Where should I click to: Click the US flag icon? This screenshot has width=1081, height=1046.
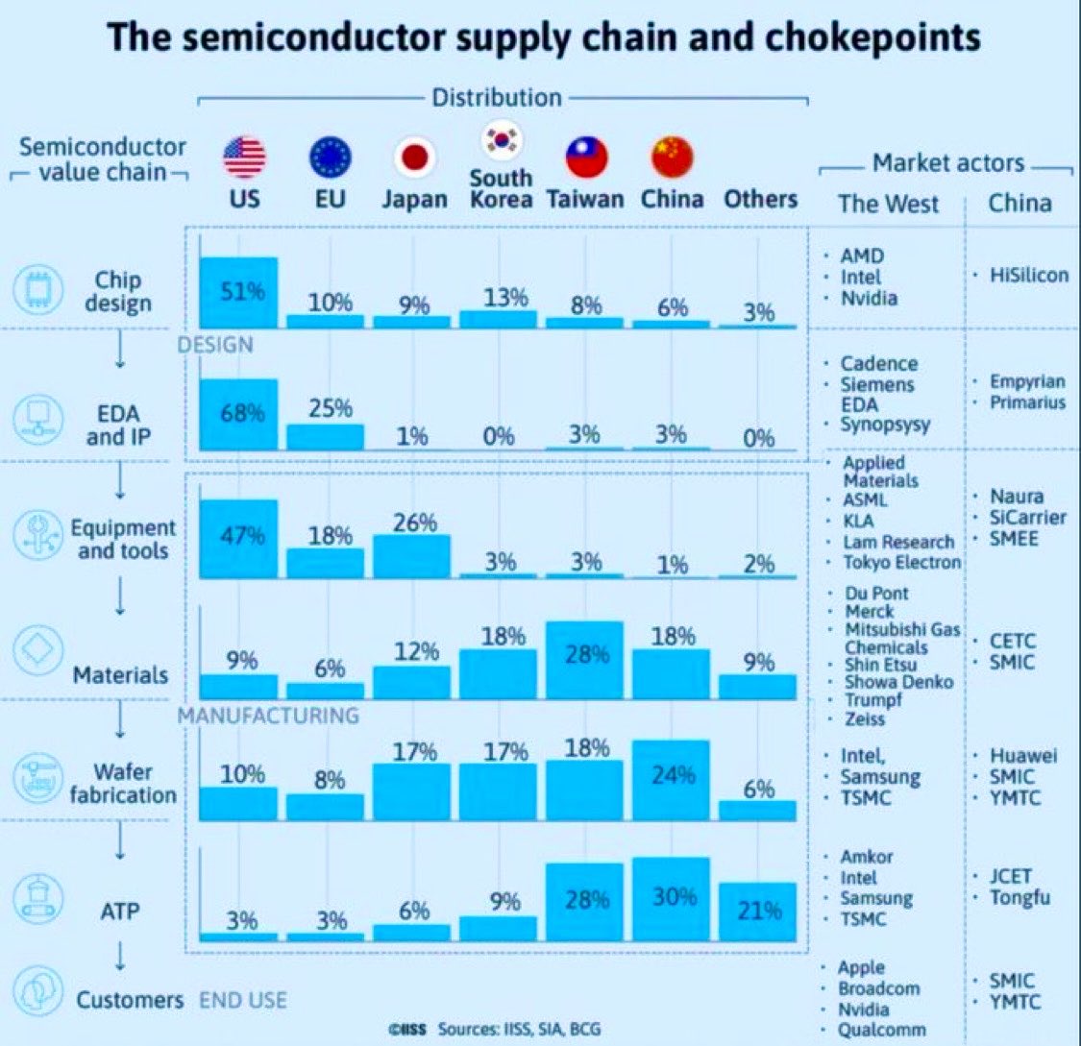pos(244,158)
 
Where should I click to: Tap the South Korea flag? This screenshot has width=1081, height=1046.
pos(501,140)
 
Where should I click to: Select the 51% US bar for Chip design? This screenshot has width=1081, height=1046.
pos(238,292)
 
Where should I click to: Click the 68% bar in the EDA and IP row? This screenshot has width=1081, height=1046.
pos(238,414)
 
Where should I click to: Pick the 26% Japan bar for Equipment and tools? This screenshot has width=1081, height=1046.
pos(414,555)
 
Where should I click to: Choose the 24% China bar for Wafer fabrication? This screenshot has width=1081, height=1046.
pos(671,779)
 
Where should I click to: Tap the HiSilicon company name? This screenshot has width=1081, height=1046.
pos(1028,276)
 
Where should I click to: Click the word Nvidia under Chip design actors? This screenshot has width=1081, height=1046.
pos(869,298)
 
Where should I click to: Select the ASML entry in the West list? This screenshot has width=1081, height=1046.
pos(865,500)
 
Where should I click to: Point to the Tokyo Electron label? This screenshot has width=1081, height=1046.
pos(902,563)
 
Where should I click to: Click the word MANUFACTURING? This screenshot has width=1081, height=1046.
pos(267,716)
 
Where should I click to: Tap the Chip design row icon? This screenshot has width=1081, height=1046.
pos(38,291)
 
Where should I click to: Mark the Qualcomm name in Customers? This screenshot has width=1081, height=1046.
pos(882,1030)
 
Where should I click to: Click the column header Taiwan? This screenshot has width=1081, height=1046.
pos(585,200)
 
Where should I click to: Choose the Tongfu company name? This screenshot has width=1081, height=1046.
pos(1020,898)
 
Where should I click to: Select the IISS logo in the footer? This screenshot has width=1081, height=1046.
pos(406,1029)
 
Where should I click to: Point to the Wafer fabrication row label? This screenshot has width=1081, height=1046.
pos(122,783)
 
